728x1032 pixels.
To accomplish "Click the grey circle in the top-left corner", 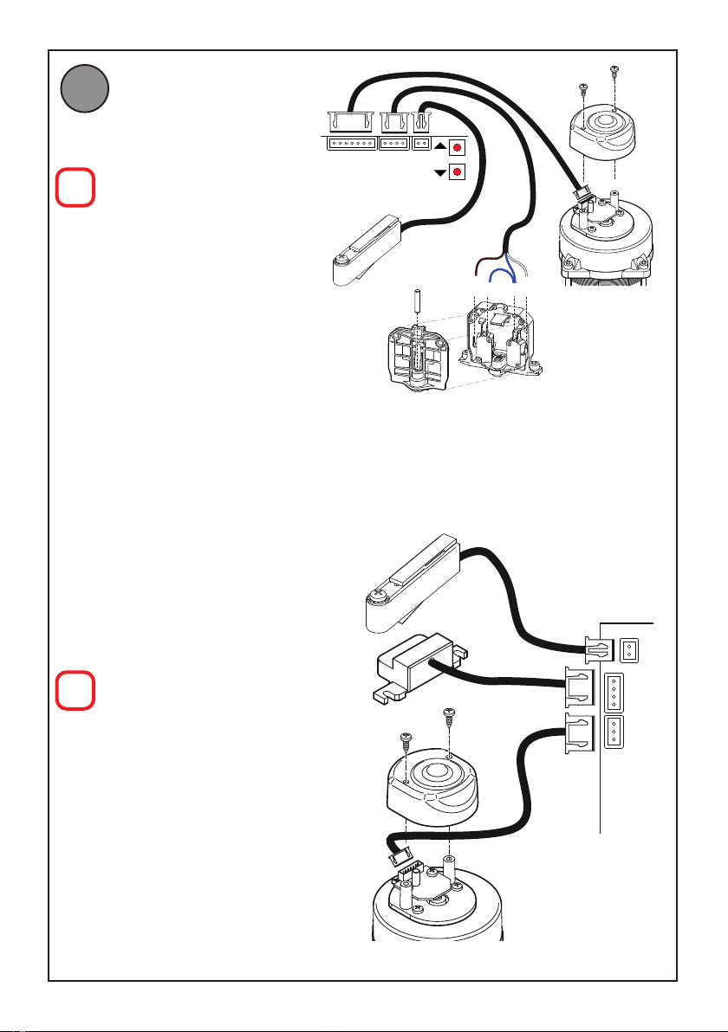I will [84, 92].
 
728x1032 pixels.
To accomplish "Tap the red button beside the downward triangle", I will [457, 171].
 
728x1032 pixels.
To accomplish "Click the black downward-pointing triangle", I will [439, 171].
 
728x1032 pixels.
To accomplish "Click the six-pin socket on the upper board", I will [351, 144].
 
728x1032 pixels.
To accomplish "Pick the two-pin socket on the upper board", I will [421, 144].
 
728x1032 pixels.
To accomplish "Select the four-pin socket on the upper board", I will [394, 144].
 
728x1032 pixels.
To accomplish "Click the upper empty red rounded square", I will [75, 188].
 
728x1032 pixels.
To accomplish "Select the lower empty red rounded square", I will [75, 692].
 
